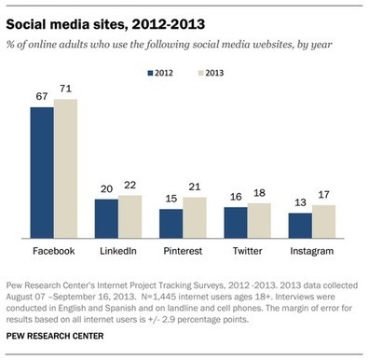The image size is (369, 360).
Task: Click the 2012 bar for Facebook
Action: pos(41,173)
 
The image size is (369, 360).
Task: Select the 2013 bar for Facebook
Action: pos(65,168)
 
